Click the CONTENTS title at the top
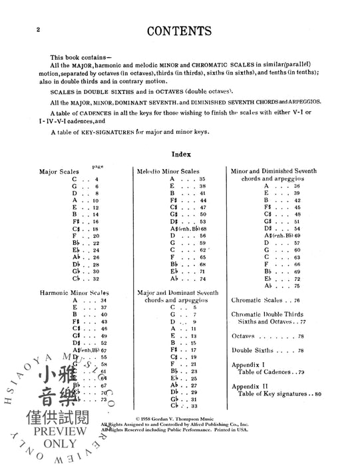click(180, 31)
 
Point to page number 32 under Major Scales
click(96, 279)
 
